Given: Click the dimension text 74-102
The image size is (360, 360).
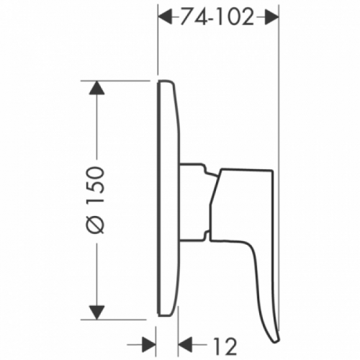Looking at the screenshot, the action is tap(217, 17).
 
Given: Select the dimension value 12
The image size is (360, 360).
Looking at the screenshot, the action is tap(225, 346).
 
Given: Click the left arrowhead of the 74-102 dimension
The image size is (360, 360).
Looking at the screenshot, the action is tap(165, 17).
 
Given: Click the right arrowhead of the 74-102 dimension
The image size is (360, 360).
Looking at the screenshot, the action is tap(271, 17).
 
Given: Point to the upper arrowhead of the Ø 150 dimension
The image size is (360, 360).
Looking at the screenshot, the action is tap(96, 87).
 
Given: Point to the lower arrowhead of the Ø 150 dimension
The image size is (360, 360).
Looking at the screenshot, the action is tap(96, 312).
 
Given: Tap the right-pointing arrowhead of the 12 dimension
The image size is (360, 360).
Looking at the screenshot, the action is tap(148, 345).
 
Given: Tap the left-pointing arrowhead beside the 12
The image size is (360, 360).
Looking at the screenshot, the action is tap(186, 345).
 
